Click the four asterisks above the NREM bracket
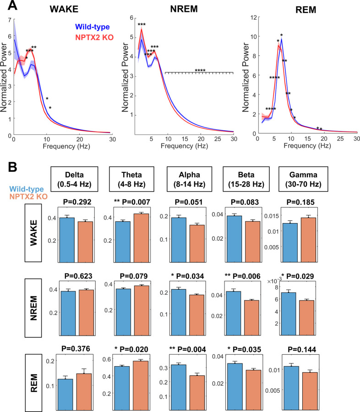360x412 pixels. [200, 70]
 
